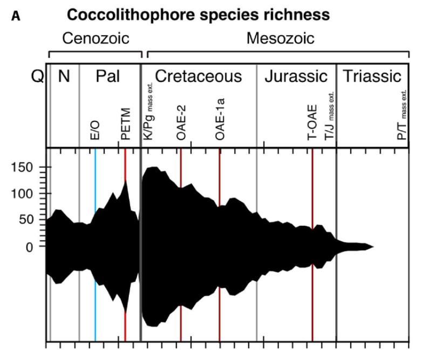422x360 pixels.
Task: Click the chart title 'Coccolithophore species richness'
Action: click(x=198, y=15)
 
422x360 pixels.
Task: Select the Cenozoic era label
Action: click(x=95, y=38)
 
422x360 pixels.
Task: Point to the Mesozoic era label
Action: click(x=280, y=38)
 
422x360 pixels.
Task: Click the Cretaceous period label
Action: click(x=198, y=76)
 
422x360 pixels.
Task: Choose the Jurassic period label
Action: click(x=296, y=76)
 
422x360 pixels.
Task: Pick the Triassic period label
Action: click(x=373, y=76)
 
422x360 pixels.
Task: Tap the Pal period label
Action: click(x=108, y=76)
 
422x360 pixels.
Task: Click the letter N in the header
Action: click(x=64, y=76)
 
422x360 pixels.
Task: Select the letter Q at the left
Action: click(x=37, y=77)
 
